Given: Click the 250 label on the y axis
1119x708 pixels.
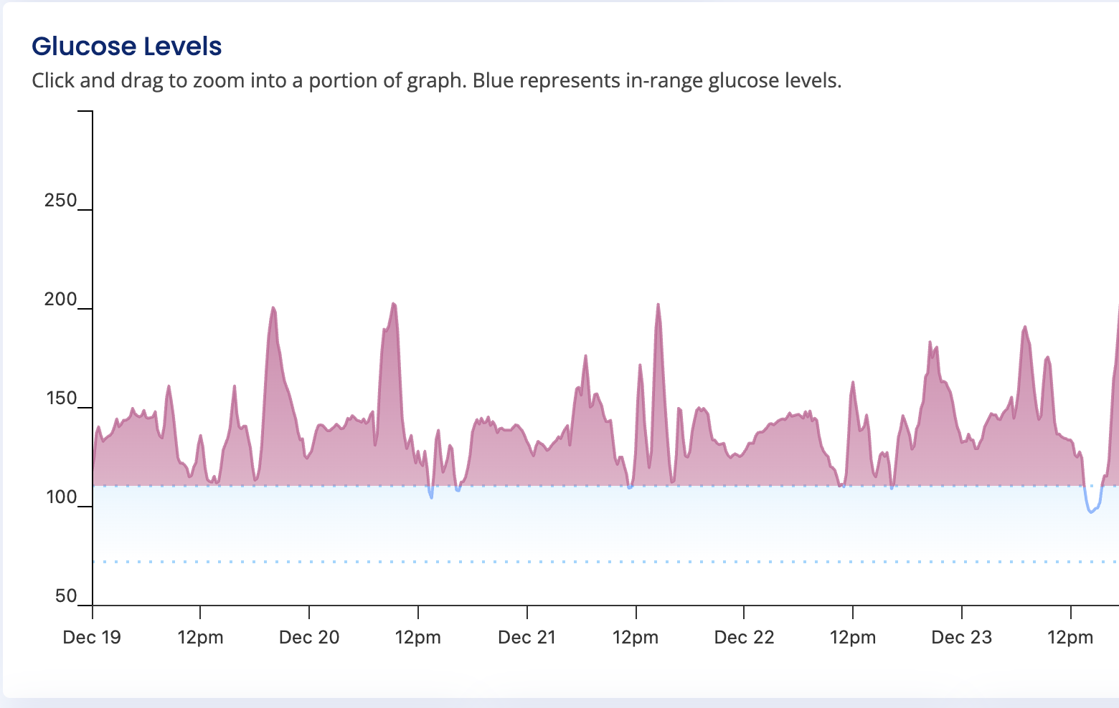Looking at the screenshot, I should [60, 201].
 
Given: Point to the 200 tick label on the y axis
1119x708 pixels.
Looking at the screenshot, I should [60, 300].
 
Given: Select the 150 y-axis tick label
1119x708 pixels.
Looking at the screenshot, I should [60, 398].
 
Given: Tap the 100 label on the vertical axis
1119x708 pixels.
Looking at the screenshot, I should [60, 497].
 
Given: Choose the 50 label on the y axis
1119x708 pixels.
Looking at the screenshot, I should [65, 596].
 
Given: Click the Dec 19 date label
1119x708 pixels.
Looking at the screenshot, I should [92, 637].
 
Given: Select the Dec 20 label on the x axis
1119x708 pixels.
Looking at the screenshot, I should [309, 637].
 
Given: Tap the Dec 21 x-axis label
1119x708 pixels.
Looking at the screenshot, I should [527, 637].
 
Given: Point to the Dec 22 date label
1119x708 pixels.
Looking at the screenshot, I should [745, 637].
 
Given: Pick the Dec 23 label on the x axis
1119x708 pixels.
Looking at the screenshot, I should [962, 637].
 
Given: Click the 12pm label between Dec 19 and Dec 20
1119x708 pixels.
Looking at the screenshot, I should [200, 637].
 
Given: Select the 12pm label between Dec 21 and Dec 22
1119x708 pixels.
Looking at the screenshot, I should [636, 637].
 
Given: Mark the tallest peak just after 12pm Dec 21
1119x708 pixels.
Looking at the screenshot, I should [658, 305].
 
